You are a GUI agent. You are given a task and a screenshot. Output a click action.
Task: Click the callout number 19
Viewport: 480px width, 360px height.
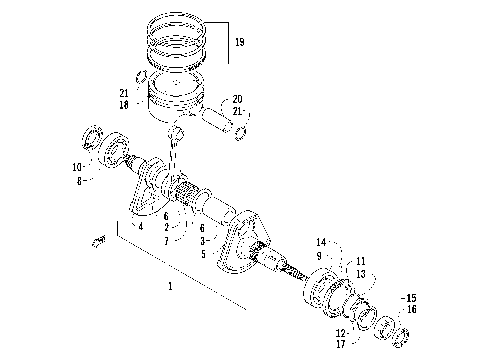click(238, 43)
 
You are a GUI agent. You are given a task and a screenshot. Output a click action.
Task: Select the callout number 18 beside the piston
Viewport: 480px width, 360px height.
click(123, 103)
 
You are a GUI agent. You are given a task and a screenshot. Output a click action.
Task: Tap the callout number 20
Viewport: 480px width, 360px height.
click(237, 98)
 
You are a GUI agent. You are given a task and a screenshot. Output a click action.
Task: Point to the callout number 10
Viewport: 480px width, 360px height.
click(76, 166)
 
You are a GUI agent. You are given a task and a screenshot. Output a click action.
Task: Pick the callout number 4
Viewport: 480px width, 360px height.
click(141, 227)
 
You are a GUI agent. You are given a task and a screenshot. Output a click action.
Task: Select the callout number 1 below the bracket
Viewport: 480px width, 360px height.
click(170, 286)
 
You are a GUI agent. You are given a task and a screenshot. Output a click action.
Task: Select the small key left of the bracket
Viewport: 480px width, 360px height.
click(99, 239)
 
